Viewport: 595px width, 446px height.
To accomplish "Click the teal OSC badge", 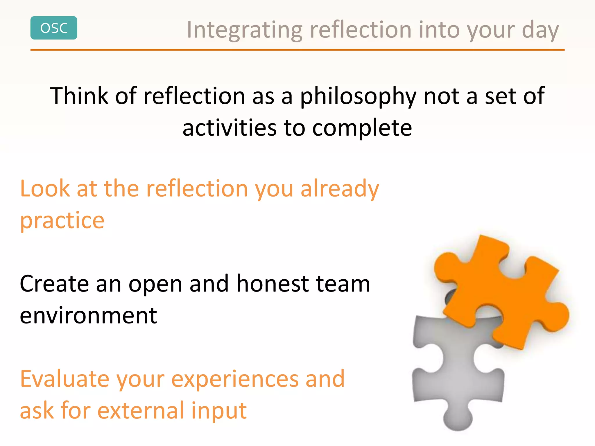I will [x=54, y=28].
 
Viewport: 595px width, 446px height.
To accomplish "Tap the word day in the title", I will [x=540, y=30].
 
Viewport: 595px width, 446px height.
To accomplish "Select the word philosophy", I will [x=358, y=96].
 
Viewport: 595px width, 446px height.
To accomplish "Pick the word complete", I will [x=362, y=128].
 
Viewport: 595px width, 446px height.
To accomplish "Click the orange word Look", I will [x=45, y=189].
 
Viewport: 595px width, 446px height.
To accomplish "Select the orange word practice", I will [x=62, y=221].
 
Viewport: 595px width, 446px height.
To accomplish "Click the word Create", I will [x=54, y=284].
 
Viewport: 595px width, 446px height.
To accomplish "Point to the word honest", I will [x=273, y=284].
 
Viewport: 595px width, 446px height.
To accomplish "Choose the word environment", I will [x=88, y=316].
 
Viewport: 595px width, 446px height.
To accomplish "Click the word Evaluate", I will [x=64, y=379].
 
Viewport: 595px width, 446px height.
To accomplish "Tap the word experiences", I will [x=235, y=380].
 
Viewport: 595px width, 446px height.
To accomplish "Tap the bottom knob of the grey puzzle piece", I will [x=458, y=418].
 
